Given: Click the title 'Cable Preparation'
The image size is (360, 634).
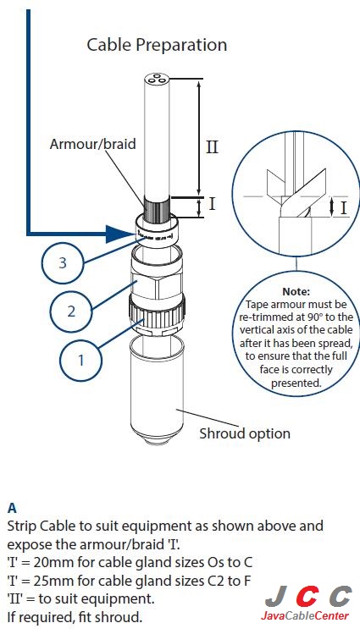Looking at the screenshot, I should click(x=157, y=45).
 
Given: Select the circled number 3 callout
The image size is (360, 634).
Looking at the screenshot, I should click(x=63, y=262).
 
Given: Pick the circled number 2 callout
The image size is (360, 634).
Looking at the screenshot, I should click(x=71, y=311).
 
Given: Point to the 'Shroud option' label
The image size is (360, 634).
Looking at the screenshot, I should click(x=244, y=433).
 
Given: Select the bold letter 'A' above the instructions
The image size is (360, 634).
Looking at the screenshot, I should click(x=12, y=509).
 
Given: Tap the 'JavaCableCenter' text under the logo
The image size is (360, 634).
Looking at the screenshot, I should click(x=305, y=615).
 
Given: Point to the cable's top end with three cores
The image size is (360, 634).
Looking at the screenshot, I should click(x=157, y=80).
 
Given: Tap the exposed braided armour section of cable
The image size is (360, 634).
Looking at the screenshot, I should click(x=157, y=207).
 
